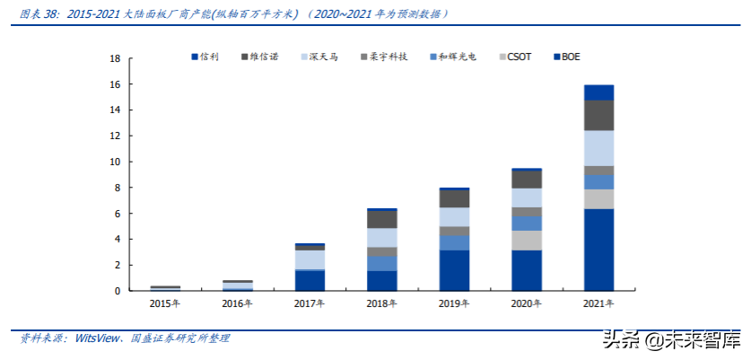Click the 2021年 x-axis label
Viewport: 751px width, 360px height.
598,304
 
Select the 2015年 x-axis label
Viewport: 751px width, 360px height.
165,304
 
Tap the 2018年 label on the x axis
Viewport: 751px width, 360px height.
381,304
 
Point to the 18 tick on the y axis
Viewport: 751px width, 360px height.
114,59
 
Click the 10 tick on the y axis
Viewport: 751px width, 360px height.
114,162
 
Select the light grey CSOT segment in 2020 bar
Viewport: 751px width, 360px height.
526,241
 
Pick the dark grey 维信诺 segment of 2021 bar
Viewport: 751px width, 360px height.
598,115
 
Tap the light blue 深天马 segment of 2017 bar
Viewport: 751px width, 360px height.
310,259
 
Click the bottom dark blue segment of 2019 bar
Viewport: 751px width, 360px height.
454,270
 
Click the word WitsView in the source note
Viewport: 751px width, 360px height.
100,338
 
